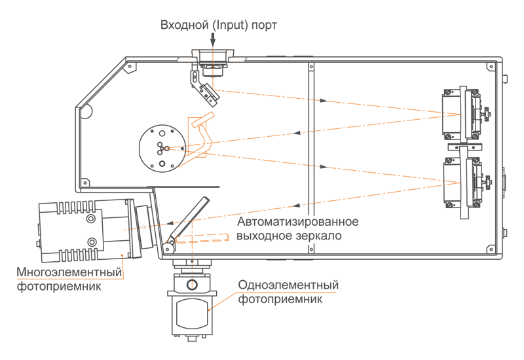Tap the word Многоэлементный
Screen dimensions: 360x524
click(70, 272)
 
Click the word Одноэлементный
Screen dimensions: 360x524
click(288, 285)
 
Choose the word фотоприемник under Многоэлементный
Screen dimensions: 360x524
click(60, 286)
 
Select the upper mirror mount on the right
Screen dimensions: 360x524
click(462, 114)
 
